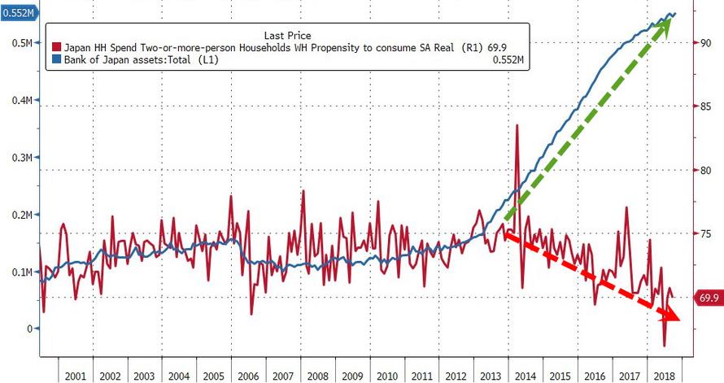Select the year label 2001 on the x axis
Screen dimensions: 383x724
pos(75,376)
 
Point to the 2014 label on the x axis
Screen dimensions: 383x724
pos(525,376)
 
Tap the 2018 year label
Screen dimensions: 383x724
pos(664,376)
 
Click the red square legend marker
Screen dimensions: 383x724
pos(56,47)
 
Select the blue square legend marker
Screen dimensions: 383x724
pos(56,59)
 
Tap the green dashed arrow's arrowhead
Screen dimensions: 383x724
pos(666,24)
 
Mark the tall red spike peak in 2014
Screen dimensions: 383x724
pos(517,125)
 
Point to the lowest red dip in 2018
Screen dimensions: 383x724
pos(665,346)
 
